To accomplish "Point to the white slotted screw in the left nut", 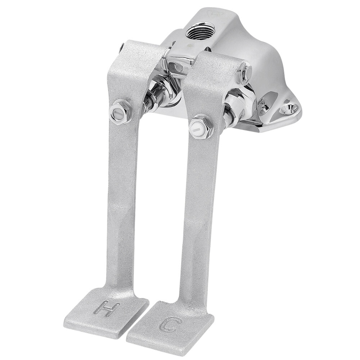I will [118, 115].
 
